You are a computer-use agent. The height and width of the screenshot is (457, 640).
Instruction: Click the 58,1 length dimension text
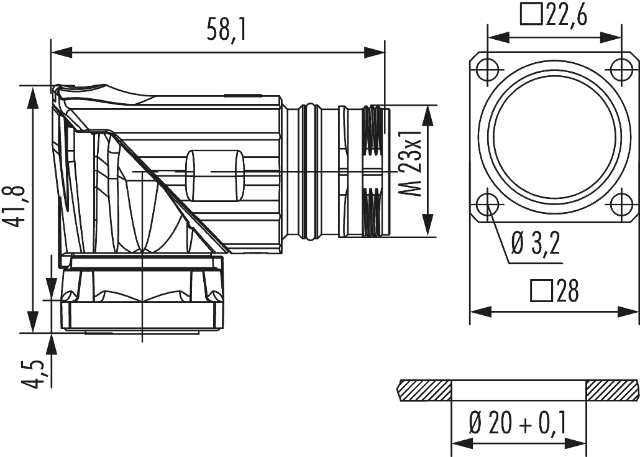pos(226,30)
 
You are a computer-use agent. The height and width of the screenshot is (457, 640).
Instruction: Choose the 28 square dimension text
pos(565,291)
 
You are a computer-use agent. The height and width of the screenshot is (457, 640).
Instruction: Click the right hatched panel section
pos(611,390)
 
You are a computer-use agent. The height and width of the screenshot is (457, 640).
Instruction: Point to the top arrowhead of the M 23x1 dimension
pos(428,111)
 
